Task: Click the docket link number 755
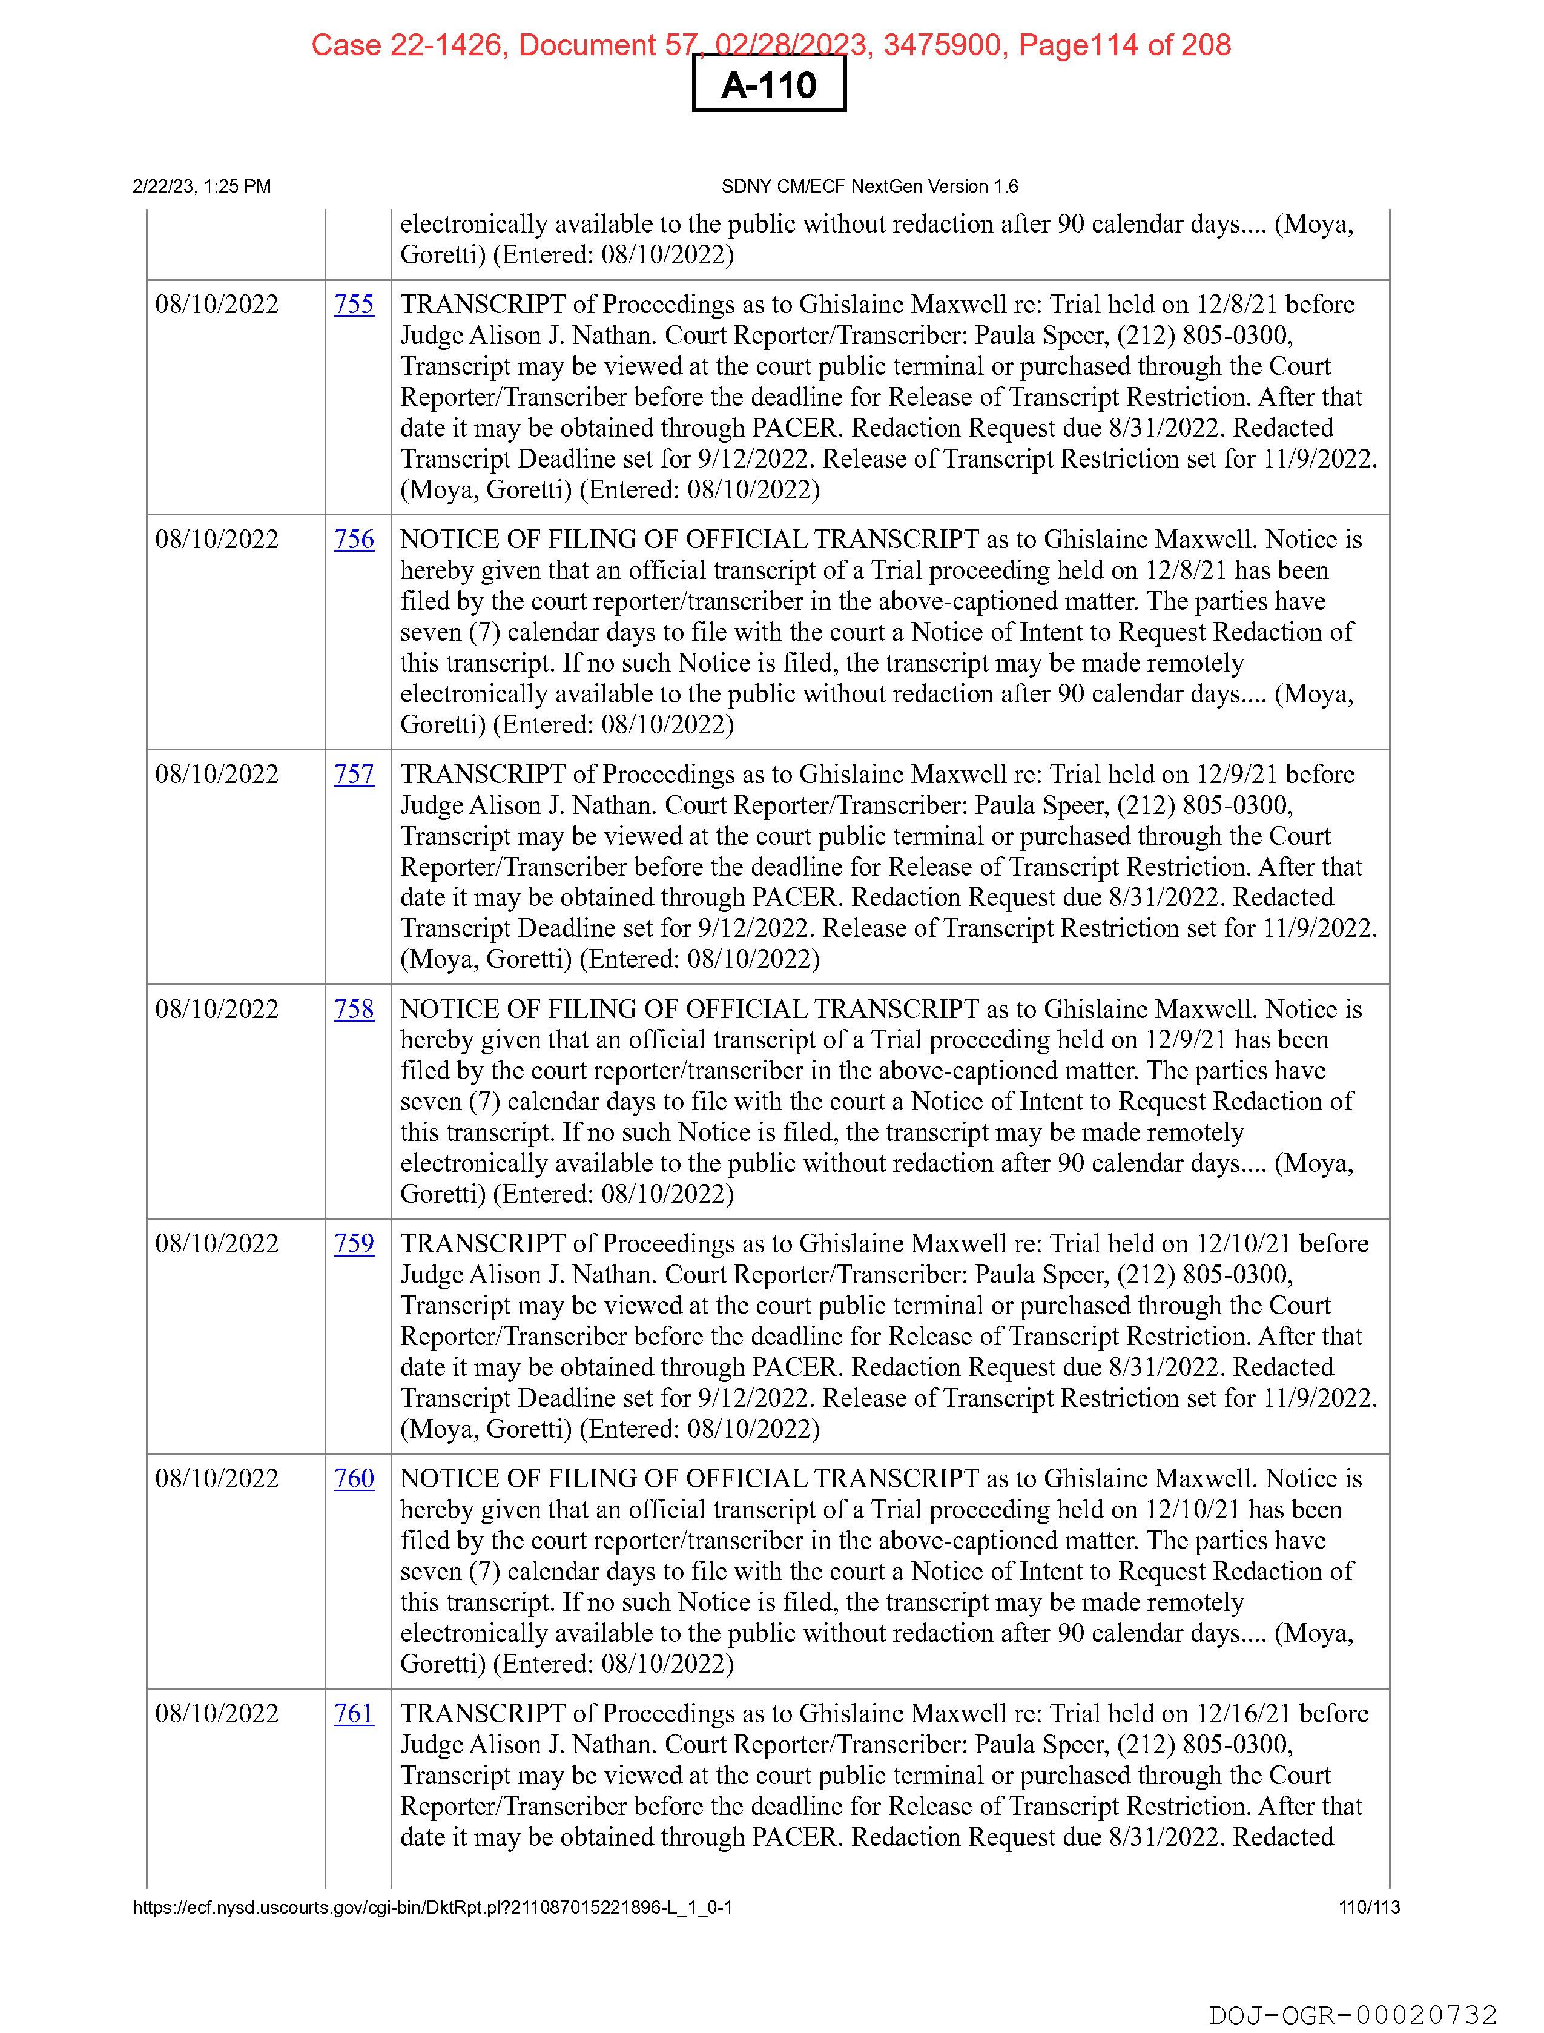tap(354, 304)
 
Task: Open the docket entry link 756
tap(354, 540)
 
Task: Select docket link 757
tap(354, 774)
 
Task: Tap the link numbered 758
tap(354, 1009)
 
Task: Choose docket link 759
tap(354, 1243)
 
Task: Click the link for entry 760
tap(354, 1479)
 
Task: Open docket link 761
tap(354, 1713)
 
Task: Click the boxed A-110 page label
tap(768, 85)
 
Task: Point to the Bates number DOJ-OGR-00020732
tap(1353, 2015)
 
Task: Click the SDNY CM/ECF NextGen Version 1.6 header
tap(869, 187)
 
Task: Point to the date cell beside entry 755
tap(217, 304)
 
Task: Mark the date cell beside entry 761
tap(217, 1713)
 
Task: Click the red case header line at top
tap(770, 44)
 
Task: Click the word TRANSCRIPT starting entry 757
tap(483, 774)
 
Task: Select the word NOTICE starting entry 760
tap(449, 1479)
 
